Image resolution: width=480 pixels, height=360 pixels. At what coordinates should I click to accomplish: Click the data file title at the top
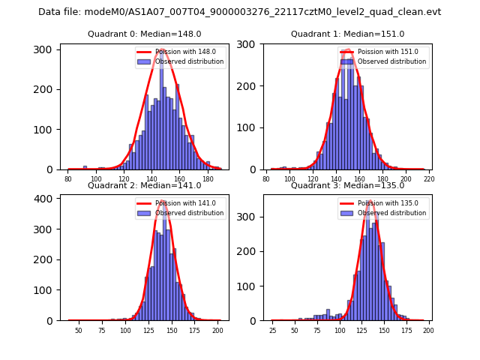[x=240, y=12]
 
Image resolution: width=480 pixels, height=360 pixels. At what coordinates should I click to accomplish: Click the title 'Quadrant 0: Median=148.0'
[x=145, y=34]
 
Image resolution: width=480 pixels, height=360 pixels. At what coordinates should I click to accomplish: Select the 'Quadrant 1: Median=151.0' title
[x=347, y=34]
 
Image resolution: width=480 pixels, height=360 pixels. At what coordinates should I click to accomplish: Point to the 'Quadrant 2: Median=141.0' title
[x=145, y=185]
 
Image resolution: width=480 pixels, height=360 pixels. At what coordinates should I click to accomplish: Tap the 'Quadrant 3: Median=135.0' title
[x=347, y=185]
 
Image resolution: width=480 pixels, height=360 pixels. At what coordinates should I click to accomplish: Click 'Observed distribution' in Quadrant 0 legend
[x=189, y=61]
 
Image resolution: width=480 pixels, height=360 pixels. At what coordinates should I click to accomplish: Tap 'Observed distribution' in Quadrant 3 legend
[x=391, y=213]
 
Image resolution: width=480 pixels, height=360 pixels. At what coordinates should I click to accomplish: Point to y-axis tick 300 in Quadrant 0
[x=46, y=49]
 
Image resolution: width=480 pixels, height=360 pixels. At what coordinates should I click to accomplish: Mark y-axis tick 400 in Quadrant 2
[x=46, y=199]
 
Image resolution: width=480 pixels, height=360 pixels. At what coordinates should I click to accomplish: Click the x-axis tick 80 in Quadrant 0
[x=68, y=178]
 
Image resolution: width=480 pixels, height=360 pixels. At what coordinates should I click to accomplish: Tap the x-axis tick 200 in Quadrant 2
[x=217, y=330]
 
